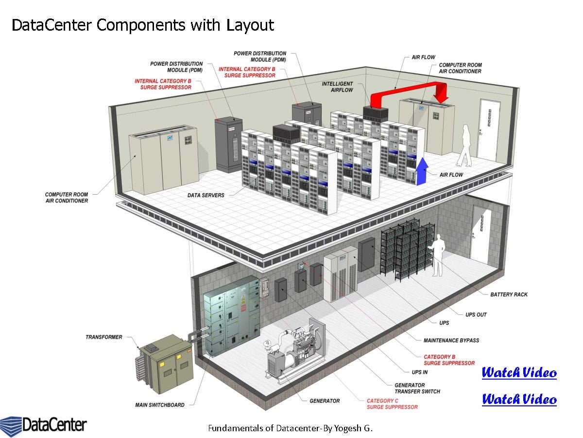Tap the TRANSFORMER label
point(104,337)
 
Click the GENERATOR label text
point(325,401)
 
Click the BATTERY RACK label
point(509,294)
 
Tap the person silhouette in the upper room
point(465,145)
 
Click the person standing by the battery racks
point(438,255)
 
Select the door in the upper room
point(488,128)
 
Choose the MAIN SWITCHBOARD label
point(159,404)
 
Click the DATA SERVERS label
point(206,195)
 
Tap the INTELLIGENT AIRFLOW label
point(337,87)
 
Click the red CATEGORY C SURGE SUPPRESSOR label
point(392,404)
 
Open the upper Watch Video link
point(519,373)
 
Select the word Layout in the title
point(250,25)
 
